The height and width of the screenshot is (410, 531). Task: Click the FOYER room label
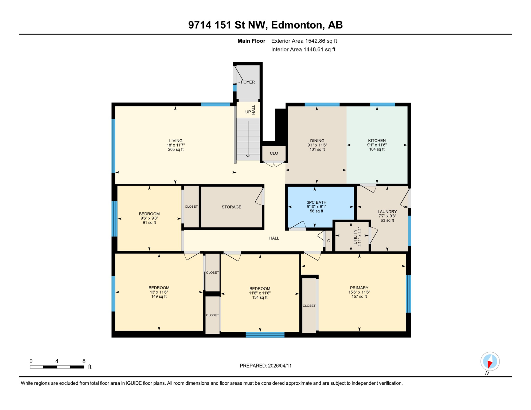(248, 82)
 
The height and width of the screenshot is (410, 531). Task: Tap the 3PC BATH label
(317, 202)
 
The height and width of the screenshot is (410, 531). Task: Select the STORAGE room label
(231, 207)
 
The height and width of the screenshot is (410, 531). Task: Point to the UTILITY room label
(355, 237)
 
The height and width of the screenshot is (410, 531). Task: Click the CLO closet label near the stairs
(274, 153)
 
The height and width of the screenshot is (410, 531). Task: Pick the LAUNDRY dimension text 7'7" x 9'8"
(387, 216)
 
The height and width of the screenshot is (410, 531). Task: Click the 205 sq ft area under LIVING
(176, 149)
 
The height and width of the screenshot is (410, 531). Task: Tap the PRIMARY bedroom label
(359, 288)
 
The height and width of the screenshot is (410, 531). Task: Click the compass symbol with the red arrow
(490, 361)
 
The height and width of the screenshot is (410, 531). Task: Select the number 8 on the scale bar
(84, 361)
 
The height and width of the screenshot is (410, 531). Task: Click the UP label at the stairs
(248, 112)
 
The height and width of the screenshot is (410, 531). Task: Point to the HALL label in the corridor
(274, 238)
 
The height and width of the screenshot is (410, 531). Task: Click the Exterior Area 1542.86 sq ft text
(304, 41)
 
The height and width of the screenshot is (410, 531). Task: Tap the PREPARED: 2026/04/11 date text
(265, 366)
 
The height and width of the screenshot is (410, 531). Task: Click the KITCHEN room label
(377, 140)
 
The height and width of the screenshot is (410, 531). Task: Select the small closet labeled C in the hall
(329, 241)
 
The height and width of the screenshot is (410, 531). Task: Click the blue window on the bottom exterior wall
(265, 335)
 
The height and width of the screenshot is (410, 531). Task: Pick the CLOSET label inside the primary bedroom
(309, 306)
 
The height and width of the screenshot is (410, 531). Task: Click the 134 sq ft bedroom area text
(260, 297)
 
